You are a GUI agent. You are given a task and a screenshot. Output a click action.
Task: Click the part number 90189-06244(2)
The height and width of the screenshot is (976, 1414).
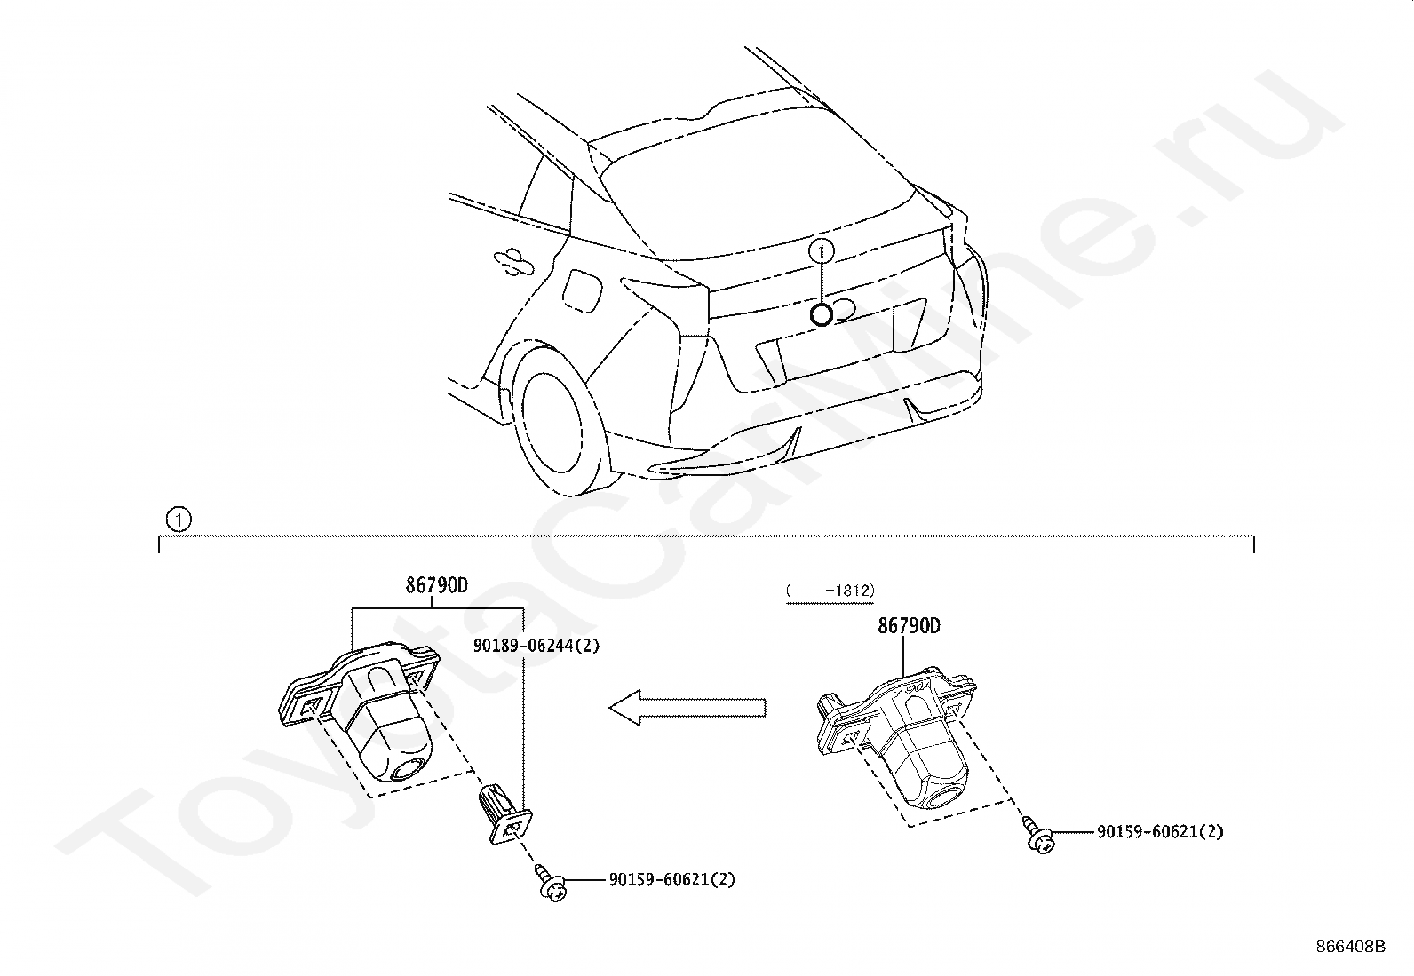536,646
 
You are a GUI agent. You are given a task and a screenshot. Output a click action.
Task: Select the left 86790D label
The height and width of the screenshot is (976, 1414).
437,585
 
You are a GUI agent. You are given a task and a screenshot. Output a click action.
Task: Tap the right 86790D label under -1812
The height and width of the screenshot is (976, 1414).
909,626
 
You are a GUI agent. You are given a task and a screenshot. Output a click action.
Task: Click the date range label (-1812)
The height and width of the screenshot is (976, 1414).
830,591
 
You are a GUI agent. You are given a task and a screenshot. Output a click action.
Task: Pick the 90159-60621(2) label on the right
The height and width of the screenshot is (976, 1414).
1160,832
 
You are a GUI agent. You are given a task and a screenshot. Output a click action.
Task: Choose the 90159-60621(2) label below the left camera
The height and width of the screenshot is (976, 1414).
671,879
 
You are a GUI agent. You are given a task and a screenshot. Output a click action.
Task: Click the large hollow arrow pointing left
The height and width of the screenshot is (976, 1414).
687,707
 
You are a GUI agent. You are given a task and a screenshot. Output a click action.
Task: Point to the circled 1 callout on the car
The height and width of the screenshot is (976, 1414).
822,251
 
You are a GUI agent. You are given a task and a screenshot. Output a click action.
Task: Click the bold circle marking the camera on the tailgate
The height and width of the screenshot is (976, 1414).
822,314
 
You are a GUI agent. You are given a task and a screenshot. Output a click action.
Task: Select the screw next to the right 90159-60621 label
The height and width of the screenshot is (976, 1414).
1039,834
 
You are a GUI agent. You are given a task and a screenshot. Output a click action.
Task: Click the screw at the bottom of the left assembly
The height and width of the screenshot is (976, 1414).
552,884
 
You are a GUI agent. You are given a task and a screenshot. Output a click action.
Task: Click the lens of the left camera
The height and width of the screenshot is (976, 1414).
409,769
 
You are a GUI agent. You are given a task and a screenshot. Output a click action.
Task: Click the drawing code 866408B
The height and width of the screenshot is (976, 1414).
1350,947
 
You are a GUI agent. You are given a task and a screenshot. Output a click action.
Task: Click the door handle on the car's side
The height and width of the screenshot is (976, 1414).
514,258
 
